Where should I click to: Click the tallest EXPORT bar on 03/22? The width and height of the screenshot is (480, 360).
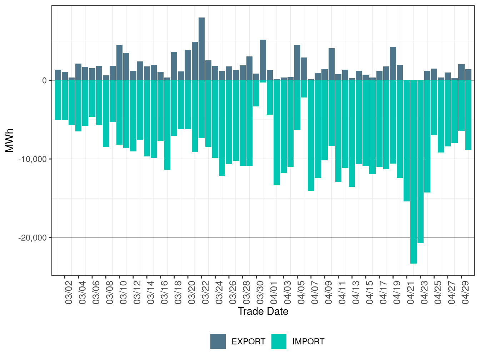(201, 49)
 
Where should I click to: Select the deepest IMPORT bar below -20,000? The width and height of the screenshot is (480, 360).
(413, 172)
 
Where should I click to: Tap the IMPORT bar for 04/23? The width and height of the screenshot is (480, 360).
(420, 162)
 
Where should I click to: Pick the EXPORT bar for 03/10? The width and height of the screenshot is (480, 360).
(119, 63)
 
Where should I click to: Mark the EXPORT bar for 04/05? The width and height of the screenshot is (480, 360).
(297, 63)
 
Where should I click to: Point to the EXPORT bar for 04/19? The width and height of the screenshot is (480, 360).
(393, 64)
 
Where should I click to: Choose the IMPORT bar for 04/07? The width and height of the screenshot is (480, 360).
(311, 135)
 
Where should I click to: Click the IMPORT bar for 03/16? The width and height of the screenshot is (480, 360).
(167, 125)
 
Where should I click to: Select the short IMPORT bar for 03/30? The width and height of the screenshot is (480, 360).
(256, 93)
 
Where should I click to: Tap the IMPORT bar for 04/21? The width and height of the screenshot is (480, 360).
(406, 141)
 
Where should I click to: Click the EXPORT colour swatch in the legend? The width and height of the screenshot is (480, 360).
(218, 341)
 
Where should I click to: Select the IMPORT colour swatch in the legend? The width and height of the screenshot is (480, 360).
(279, 341)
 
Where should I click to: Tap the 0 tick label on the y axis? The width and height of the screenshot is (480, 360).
(44, 81)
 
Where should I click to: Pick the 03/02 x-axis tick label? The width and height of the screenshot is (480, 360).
(69, 292)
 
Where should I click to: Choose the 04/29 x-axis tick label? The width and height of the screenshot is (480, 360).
(465, 292)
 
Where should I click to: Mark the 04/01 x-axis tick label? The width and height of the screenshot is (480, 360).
(274, 292)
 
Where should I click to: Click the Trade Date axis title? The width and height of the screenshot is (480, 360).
(263, 311)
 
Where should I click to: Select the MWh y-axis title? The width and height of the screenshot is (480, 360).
(9, 140)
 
